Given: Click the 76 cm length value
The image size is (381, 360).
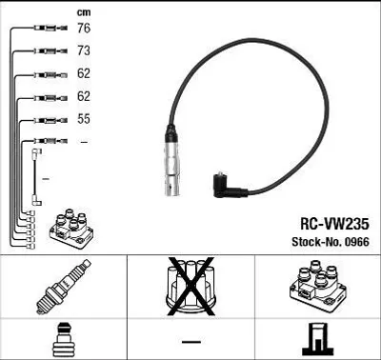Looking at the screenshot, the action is pyautogui.click(x=84, y=28).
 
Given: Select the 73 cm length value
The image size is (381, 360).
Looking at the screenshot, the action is pyautogui.click(x=84, y=50).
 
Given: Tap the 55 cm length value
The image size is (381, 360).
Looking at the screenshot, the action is pyautogui.click(x=84, y=119).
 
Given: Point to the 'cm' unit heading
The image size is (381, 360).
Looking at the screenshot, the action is pyautogui.click(x=84, y=12).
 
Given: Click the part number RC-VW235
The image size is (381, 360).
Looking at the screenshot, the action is pyautogui.click(x=334, y=224).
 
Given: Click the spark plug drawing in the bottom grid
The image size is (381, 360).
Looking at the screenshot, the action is pyautogui.click(x=64, y=287).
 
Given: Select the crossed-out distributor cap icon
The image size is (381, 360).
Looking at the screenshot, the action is pyautogui.click(x=190, y=287).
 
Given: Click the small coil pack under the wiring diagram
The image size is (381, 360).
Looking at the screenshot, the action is pyautogui.click(x=71, y=229).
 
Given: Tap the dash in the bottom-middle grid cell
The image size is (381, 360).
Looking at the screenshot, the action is pyautogui.click(x=191, y=342).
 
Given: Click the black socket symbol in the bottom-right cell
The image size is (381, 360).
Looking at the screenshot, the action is pyautogui.click(x=318, y=339).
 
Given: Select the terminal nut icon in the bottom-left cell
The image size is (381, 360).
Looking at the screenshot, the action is pyautogui.click(x=64, y=340).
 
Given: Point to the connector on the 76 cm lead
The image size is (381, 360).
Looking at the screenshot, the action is pyautogui.click(x=50, y=28).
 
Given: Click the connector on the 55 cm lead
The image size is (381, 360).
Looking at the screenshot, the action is pyautogui.click(x=50, y=120).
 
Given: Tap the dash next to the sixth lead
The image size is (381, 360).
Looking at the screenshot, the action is pyautogui.click(x=84, y=142).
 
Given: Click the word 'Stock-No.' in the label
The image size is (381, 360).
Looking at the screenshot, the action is pyautogui.click(x=317, y=242).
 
